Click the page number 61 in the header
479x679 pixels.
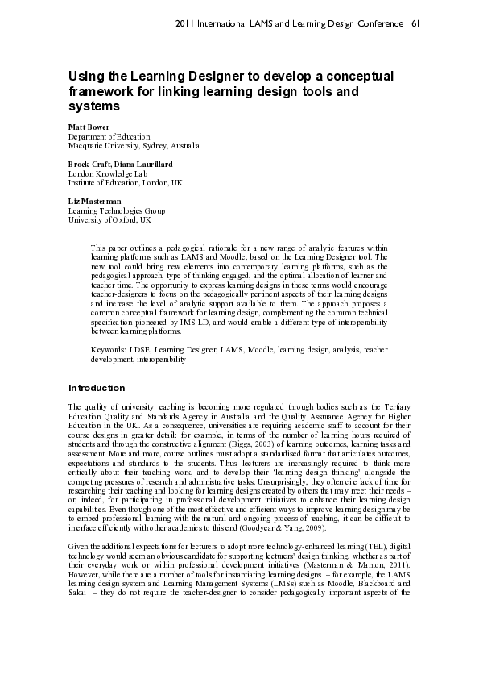tap(415, 23)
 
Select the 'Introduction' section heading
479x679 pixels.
tap(97, 388)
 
